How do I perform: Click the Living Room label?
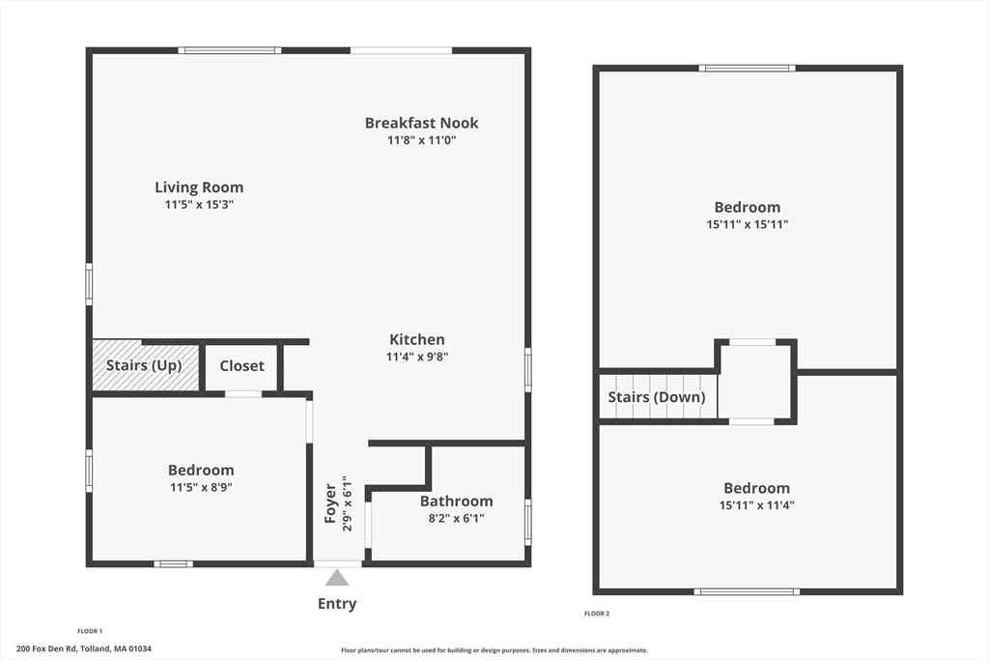[199, 187]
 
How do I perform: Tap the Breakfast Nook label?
[421, 123]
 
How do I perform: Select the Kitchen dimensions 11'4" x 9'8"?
[417, 357]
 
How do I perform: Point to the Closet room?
[241, 366]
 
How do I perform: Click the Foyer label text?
[330, 503]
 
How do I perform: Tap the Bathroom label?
[456, 501]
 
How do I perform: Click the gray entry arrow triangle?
[336, 578]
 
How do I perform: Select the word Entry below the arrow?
[337, 604]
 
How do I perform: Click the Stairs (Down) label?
[657, 397]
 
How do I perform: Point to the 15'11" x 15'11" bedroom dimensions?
[748, 224]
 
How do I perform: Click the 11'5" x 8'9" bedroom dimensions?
[201, 488]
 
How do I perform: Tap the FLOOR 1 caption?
[90, 631]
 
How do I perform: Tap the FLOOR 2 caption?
[597, 614]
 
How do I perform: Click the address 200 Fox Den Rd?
[83, 649]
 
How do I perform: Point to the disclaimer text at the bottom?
[494, 650]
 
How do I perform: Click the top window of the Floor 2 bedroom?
[748, 68]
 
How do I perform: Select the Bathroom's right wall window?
[527, 522]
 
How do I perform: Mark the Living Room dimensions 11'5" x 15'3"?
[199, 205]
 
